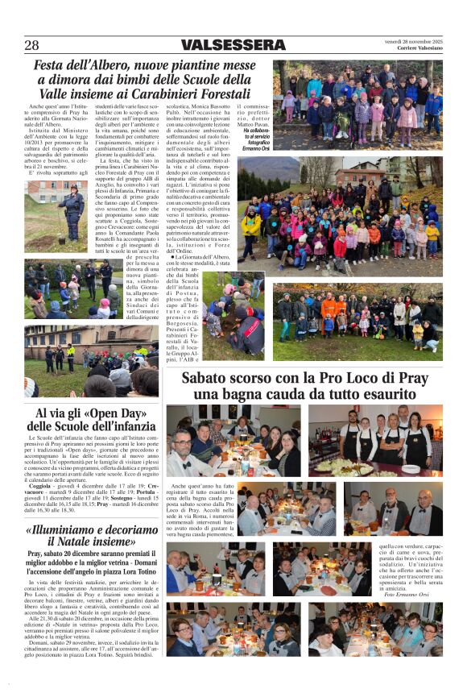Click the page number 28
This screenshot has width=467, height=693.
pos(31,44)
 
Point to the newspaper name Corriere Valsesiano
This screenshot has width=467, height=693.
pos(419,48)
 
